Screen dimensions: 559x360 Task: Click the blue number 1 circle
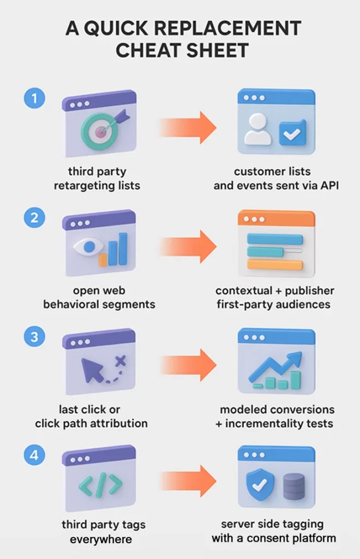(x=34, y=99)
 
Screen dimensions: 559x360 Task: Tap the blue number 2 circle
(x=34, y=218)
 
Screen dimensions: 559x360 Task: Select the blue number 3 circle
(x=34, y=337)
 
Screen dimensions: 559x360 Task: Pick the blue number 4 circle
(x=34, y=454)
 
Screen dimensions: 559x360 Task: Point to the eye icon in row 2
(x=87, y=247)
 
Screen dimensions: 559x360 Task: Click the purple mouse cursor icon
(x=93, y=371)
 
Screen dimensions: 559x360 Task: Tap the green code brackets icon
(x=100, y=485)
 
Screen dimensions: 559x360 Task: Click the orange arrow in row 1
(x=189, y=127)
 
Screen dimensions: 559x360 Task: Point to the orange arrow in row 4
(x=189, y=481)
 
